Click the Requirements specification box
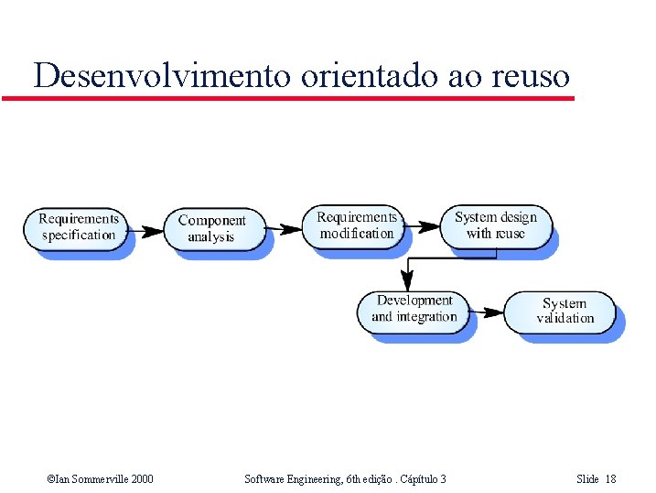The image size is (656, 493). pyautogui.click(x=78, y=227)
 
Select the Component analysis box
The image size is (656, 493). pyautogui.click(x=212, y=229)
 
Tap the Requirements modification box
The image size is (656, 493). pyautogui.click(x=357, y=225)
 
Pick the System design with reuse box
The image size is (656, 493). pyautogui.click(x=495, y=225)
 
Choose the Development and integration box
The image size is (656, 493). pyautogui.click(x=414, y=309)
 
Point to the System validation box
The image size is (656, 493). pyautogui.click(x=565, y=311)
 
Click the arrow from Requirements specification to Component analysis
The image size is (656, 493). pyautogui.click(x=145, y=229)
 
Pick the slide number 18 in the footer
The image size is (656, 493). pyautogui.click(x=611, y=479)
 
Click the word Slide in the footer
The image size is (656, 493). pyautogui.click(x=587, y=479)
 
